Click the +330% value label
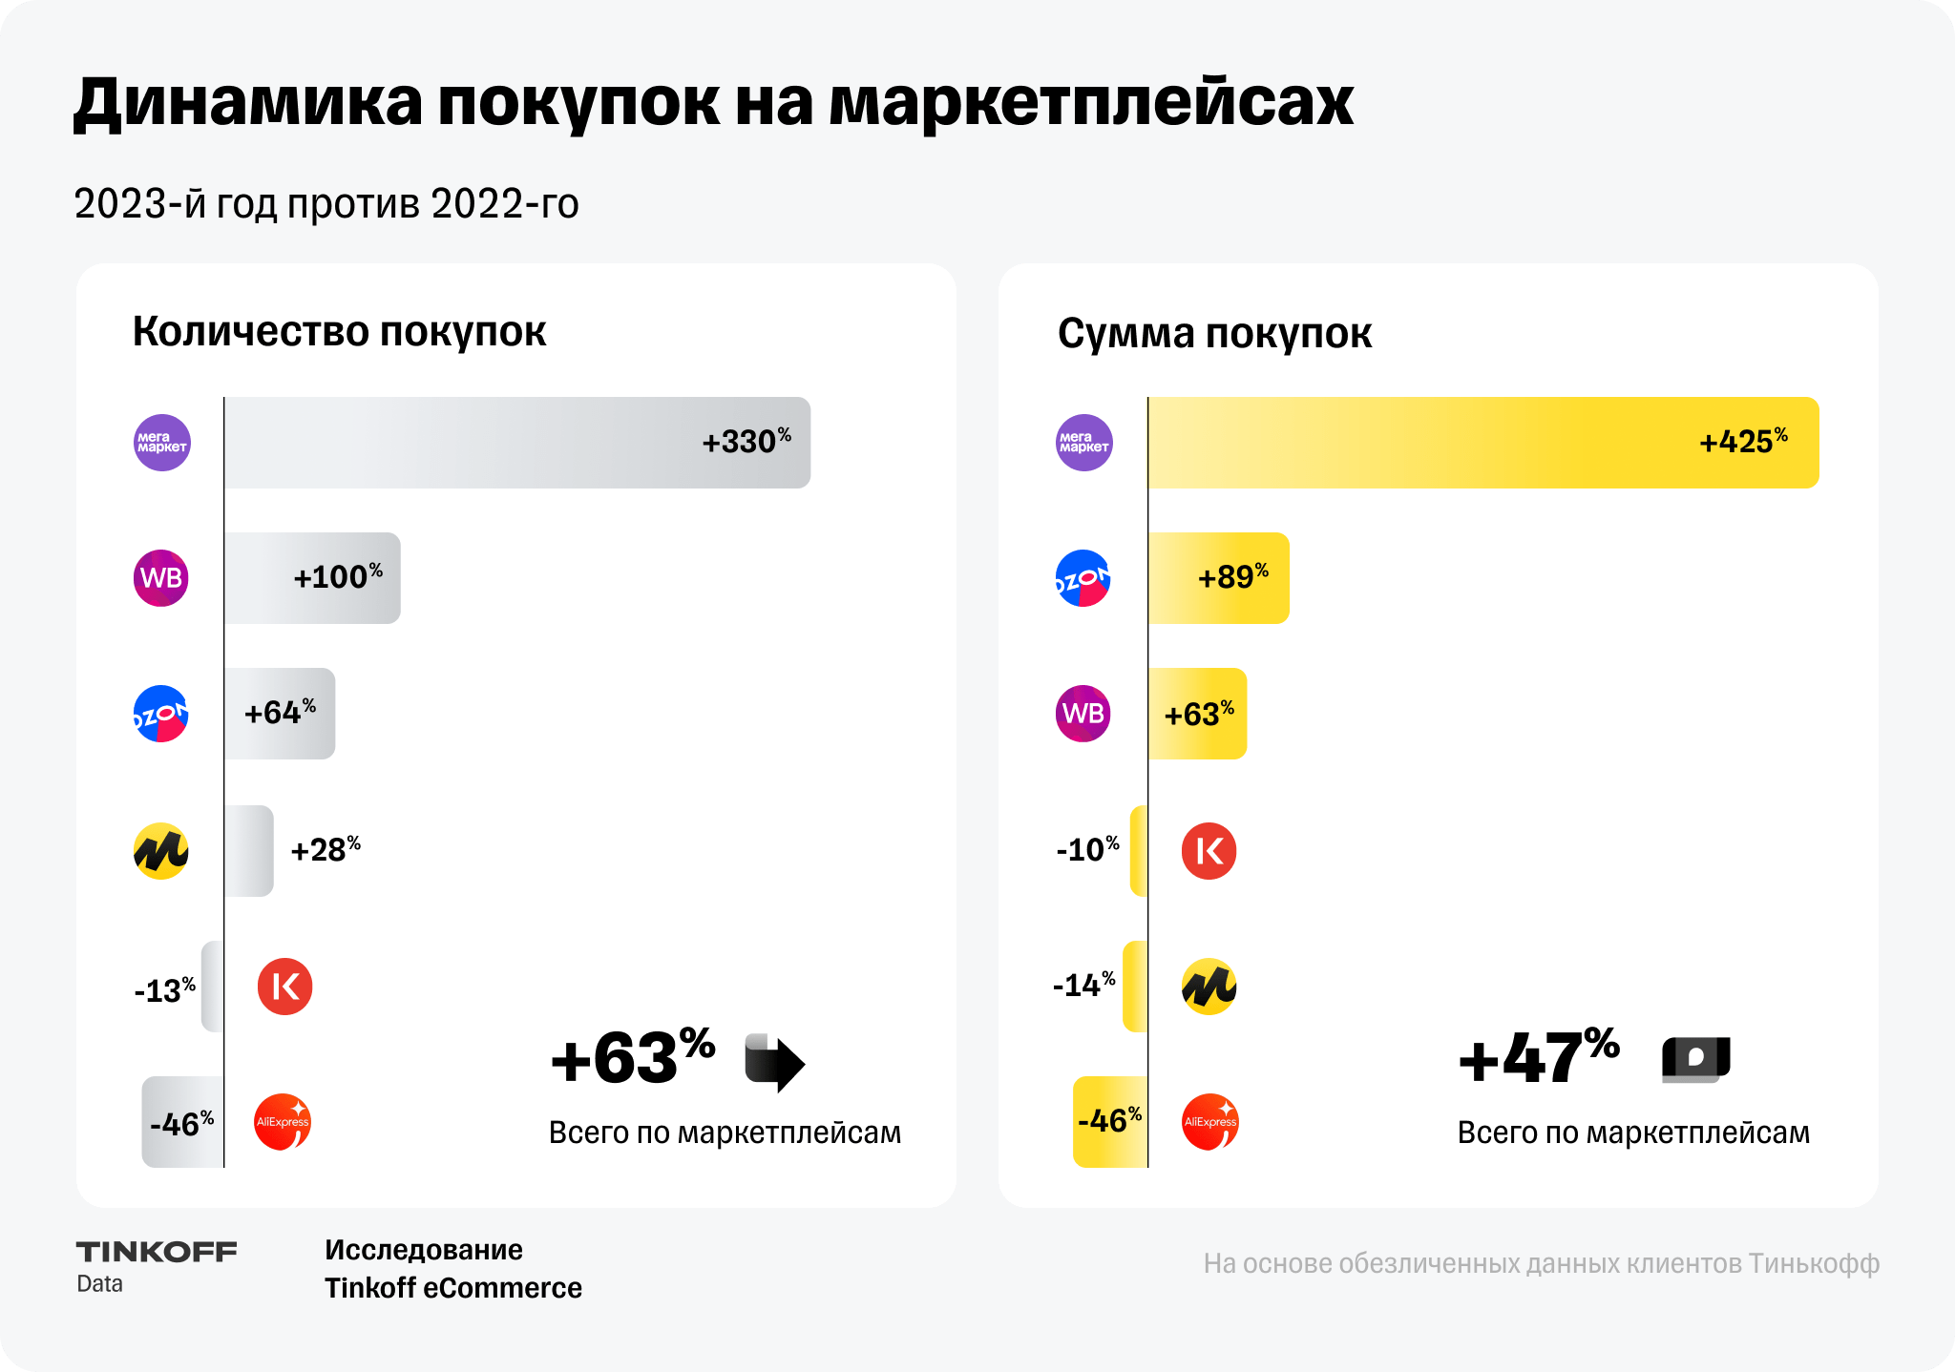pos(746,442)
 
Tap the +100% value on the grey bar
pos(337,577)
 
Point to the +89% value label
pos(1232,577)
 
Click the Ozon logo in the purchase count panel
pos(161,714)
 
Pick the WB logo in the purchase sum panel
pos(1083,714)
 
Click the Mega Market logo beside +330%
pos(162,443)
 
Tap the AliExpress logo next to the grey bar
pos(283,1122)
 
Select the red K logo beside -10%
pos(1209,851)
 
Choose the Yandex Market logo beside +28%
pos(161,851)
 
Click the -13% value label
pos(165,990)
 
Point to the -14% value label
pos(1083,985)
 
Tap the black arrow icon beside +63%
pos(774,1062)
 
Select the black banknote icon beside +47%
pos(1696,1059)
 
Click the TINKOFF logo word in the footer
pos(157,1252)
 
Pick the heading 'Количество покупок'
pos(339,332)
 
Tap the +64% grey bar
pos(280,714)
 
